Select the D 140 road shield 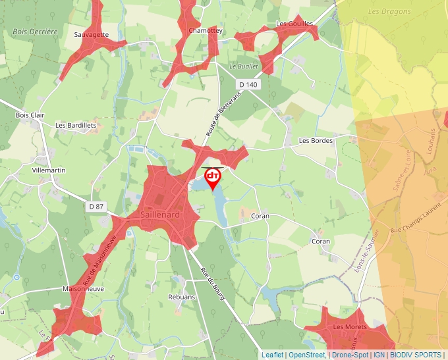click(x=248, y=84)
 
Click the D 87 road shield click(x=96, y=206)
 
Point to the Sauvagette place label click(x=91, y=34)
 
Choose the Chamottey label click(x=206, y=31)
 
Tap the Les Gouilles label click(x=295, y=24)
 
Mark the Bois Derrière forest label click(x=36, y=31)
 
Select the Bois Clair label click(x=30, y=115)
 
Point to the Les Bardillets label click(x=76, y=125)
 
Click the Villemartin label click(x=49, y=170)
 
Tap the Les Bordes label click(x=316, y=140)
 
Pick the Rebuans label click(x=181, y=297)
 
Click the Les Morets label click(x=349, y=326)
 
